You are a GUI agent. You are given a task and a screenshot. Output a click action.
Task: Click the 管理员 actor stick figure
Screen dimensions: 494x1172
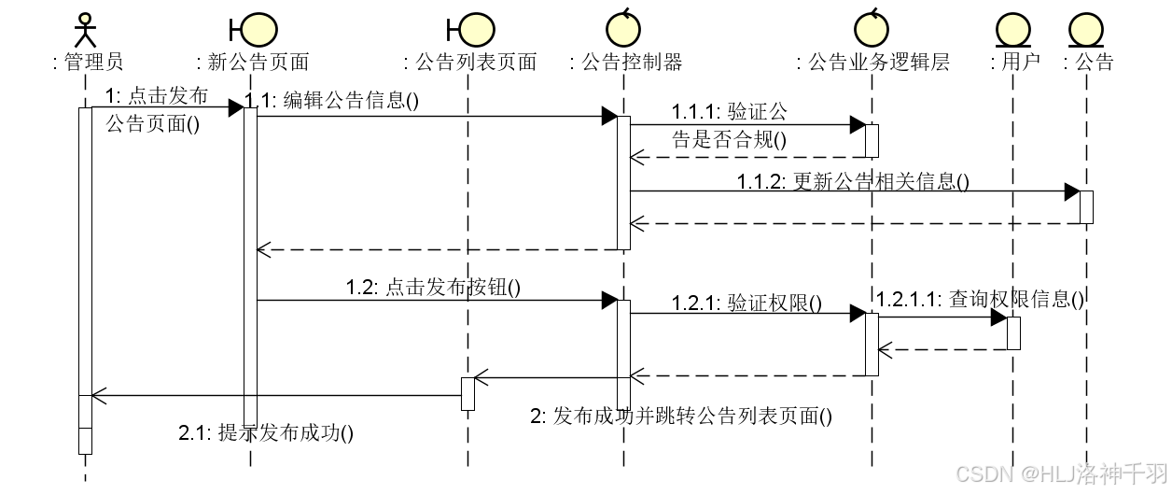tap(86, 29)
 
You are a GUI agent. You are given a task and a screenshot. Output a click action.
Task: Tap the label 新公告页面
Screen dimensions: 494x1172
tap(253, 63)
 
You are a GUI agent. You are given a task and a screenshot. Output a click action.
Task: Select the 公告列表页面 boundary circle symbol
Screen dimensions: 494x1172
tap(475, 29)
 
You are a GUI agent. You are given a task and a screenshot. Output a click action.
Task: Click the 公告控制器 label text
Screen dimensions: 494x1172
tap(627, 63)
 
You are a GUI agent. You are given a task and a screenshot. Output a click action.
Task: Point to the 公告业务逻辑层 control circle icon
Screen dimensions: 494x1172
tap(872, 29)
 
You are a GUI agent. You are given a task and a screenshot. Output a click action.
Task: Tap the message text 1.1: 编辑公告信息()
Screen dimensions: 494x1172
tap(331, 101)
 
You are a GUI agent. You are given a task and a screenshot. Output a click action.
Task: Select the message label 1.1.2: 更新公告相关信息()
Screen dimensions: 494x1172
tap(852, 182)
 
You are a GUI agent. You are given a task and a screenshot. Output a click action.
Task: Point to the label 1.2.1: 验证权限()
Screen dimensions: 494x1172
tap(746, 303)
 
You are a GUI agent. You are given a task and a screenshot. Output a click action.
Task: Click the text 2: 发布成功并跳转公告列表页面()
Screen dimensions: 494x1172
tap(680, 416)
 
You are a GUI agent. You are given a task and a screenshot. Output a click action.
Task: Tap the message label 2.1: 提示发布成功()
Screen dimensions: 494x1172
tap(266, 432)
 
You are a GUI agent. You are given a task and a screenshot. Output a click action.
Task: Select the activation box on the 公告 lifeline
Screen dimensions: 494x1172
tap(1086, 207)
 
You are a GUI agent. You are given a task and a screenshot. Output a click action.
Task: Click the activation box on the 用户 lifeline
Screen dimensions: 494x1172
tap(1013, 333)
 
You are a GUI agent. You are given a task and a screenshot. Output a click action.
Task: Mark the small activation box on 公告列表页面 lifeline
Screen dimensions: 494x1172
tap(467, 394)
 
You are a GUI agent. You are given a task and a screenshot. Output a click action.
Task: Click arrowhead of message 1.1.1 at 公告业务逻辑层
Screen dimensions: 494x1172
tap(858, 125)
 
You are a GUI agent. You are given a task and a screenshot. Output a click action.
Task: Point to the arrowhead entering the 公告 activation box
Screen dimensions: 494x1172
tap(1072, 191)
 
